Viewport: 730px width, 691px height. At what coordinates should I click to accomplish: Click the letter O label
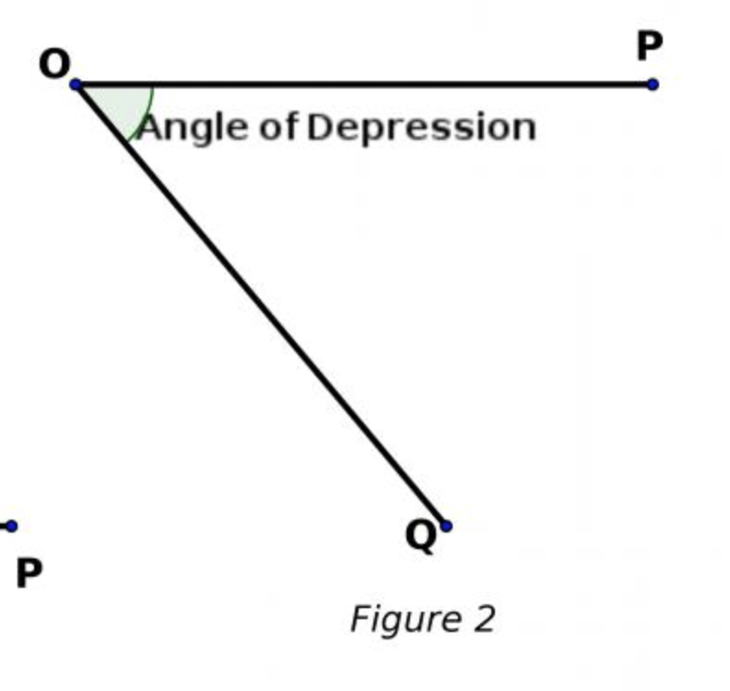[x=54, y=64]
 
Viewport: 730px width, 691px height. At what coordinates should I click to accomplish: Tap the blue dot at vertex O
[x=76, y=86]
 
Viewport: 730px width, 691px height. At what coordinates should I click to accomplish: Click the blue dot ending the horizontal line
[x=653, y=85]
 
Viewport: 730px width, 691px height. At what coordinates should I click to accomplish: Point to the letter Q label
[x=420, y=535]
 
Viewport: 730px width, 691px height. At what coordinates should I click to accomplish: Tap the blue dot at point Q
[x=446, y=526]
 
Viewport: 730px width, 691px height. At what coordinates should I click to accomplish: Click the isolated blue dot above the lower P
[x=11, y=526]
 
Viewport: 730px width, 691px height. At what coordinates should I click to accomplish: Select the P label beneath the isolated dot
[x=29, y=573]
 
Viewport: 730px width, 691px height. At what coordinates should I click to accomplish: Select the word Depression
[x=420, y=127]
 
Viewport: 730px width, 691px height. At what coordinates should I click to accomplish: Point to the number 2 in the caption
[x=484, y=618]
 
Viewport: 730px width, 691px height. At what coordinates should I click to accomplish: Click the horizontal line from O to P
[x=369, y=85]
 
